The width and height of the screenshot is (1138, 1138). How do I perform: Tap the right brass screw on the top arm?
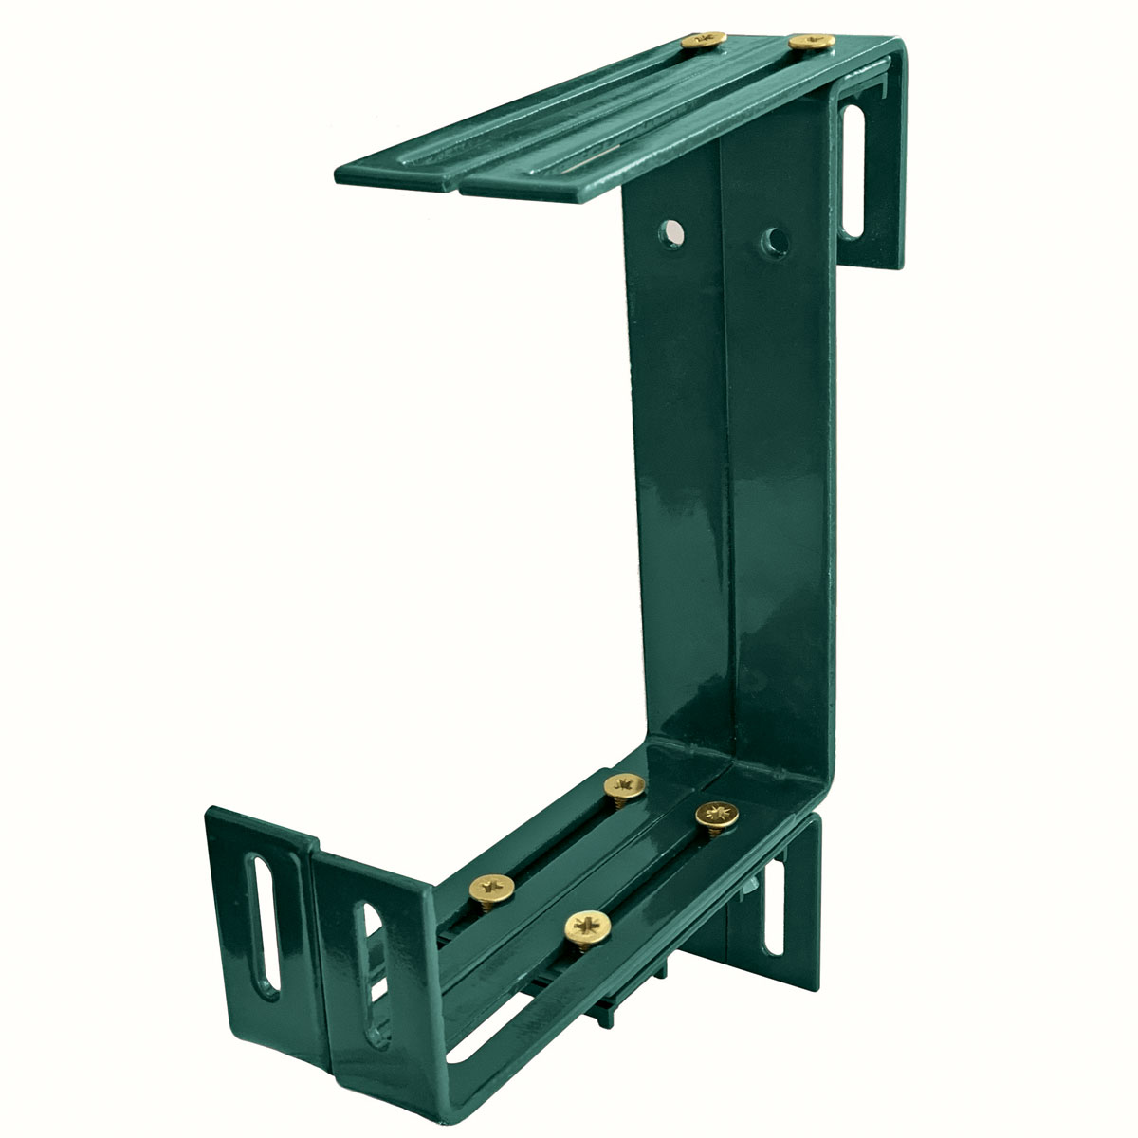811,42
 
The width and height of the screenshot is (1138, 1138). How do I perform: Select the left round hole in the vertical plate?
673,230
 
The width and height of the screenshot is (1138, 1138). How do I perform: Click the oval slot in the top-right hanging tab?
853,170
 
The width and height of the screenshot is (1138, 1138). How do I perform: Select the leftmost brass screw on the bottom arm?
493,889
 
